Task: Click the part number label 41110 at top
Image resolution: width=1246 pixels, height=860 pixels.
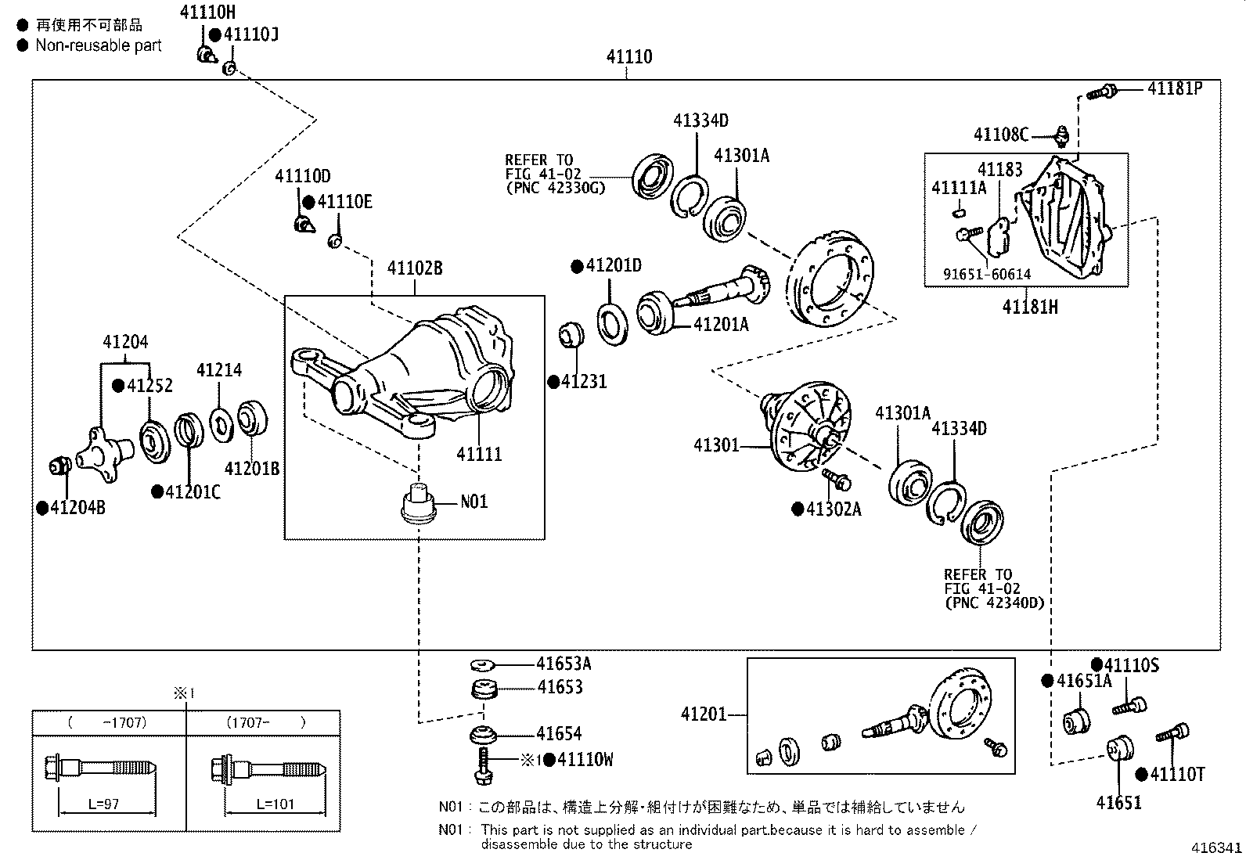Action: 629,57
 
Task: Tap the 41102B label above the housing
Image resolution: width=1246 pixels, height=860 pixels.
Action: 415,268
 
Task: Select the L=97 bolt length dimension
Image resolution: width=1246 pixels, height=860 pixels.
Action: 103,804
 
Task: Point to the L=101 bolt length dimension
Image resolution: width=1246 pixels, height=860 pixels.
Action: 275,804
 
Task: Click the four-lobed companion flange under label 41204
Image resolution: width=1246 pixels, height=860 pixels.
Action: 104,453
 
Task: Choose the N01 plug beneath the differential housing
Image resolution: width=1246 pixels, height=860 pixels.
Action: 417,503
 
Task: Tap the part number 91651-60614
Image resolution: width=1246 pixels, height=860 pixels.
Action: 987,274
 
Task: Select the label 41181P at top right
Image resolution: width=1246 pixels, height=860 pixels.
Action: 1175,88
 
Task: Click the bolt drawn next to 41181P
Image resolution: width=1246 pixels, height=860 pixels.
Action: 1101,92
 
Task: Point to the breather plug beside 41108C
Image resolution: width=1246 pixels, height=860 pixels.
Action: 1061,135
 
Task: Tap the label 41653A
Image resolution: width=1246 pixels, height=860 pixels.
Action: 564,664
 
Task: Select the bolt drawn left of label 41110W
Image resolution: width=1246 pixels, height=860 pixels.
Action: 484,765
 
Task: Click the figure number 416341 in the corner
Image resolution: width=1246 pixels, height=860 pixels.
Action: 1217,847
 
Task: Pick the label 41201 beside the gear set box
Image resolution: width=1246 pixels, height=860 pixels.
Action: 704,714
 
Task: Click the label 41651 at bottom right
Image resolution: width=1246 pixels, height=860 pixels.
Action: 1118,803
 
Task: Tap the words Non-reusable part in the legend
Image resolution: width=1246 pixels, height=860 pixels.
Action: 99,45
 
